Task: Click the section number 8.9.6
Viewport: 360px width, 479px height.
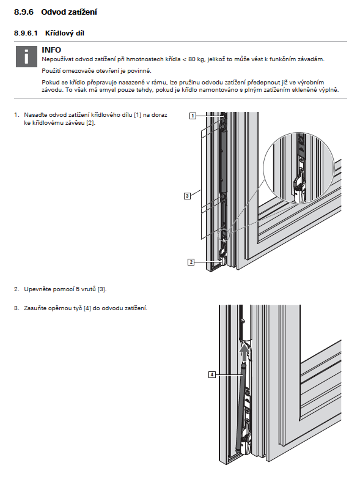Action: [24, 12]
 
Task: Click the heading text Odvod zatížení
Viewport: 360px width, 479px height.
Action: [69, 12]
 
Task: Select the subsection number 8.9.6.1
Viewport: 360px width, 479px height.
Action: [26, 33]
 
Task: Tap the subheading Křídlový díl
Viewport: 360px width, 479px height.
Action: [65, 33]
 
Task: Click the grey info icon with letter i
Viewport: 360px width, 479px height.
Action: [26, 56]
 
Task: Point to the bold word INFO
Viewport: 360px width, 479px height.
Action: [51, 50]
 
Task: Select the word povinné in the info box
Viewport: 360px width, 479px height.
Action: [140, 71]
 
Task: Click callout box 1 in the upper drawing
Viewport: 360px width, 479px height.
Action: [193, 116]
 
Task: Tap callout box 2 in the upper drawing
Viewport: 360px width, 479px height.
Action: [191, 262]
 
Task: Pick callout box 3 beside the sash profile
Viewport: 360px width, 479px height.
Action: [187, 196]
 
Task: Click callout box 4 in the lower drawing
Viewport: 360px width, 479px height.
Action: [212, 374]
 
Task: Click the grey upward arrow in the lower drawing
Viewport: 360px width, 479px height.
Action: [244, 352]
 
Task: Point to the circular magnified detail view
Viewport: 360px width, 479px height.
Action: [299, 168]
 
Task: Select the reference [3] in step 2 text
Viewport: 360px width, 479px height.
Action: [102, 289]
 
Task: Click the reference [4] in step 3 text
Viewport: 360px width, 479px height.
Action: [87, 308]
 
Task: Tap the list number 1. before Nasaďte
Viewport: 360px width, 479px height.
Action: [17, 115]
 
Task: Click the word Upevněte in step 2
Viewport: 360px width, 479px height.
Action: [37, 289]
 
